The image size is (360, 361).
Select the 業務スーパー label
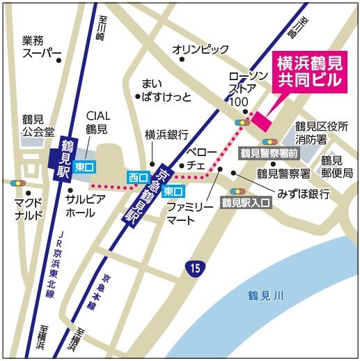click(x=42, y=47)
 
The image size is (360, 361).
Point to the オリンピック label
click(x=201, y=49)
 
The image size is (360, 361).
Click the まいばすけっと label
click(x=165, y=90)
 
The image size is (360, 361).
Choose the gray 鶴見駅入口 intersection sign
click(x=245, y=203)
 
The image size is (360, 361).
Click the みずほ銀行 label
click(x=304, y=192)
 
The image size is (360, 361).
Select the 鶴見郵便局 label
click(x=336, y=167)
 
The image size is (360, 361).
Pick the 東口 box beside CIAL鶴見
click(x=85, y=167)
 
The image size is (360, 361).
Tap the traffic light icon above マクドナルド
click(x=18, y=184)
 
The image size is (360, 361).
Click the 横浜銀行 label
click(x=166, y=134)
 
